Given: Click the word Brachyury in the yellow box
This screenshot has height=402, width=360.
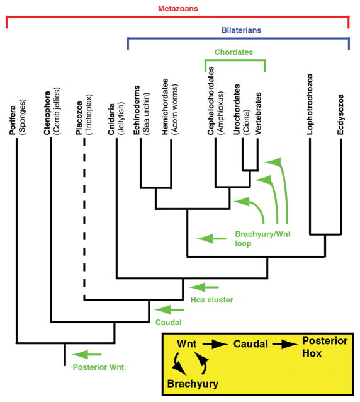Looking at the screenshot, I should click(193, 382).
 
